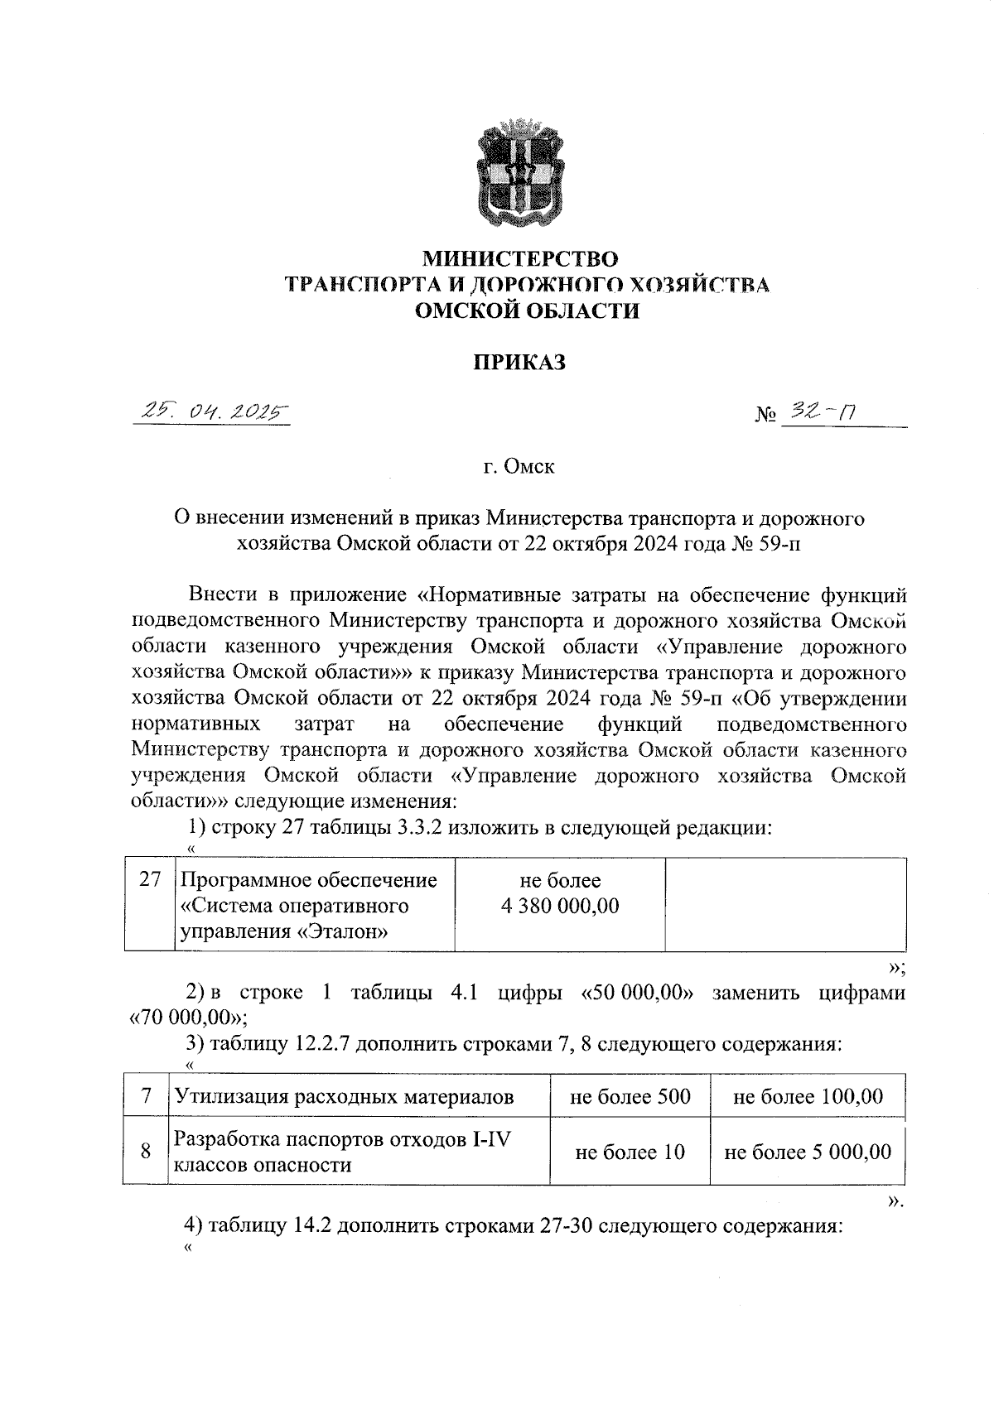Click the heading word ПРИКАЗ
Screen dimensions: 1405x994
(x=519, y=362)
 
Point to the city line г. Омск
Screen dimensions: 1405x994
(x=519, y=467)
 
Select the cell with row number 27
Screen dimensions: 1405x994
(x=149, y=880)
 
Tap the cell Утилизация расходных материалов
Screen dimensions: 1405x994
(x=343, y=1098)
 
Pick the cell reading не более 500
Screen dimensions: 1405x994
(x=630, y=1098)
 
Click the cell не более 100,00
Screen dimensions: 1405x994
(x=808, y=1098)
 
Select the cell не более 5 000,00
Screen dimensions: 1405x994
(x=808, y=1152)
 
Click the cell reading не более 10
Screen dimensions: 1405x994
(x=630, y=1152)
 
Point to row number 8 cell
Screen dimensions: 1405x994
(x=146, y=1152)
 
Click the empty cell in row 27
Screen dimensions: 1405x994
(x=785, y=905)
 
